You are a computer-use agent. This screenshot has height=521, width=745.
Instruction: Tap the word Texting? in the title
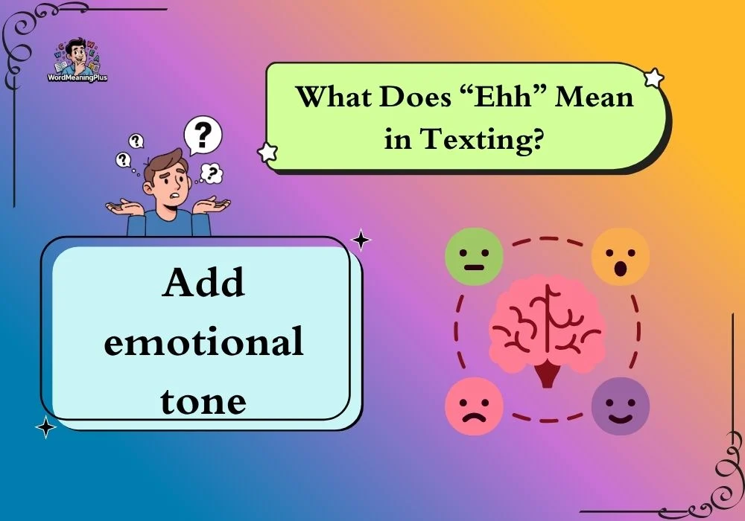click(482, 139)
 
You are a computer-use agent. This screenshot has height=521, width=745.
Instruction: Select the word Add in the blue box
click(203, 283)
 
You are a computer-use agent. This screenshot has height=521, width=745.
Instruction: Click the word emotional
click(203, 341)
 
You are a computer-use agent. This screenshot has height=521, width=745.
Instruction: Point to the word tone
click(203, 401)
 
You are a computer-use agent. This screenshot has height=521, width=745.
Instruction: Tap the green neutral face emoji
click(474, 257)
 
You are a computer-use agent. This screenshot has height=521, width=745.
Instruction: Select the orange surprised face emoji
click(620, 257)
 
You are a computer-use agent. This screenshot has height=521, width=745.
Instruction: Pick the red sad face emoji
click(474, 406)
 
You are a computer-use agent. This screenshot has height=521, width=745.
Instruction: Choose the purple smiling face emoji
click(620, 406)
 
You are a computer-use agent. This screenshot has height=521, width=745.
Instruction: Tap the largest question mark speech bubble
click(203, 135)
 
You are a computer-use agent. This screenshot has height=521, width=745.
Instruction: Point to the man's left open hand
click(212, 205)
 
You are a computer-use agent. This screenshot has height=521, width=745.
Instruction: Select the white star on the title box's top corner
click(654, 78)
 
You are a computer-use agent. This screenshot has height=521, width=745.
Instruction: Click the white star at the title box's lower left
click(267, 152)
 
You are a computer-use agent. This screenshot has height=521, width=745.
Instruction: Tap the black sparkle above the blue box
click(361, 240)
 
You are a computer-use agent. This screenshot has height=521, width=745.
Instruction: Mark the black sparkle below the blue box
click(45, 427)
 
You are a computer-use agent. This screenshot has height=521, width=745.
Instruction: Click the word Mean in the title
click(595, 96)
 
